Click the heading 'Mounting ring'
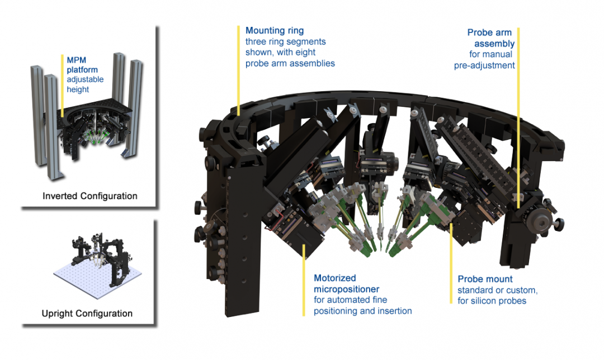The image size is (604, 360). point(274,30)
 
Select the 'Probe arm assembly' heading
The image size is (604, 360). point(491,38)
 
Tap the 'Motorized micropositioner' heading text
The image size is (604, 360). point(347,283)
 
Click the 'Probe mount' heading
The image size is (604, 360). point(485,279)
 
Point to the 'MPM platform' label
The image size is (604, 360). point(82,65)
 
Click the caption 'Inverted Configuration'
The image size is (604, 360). point(90,196)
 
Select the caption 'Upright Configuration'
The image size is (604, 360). point(87,313)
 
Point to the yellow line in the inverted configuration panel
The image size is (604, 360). point(62,84)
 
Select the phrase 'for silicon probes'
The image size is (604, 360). point(492,301)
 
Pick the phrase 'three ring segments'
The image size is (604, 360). point(285,41)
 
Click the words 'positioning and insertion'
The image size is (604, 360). point(362,311)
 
